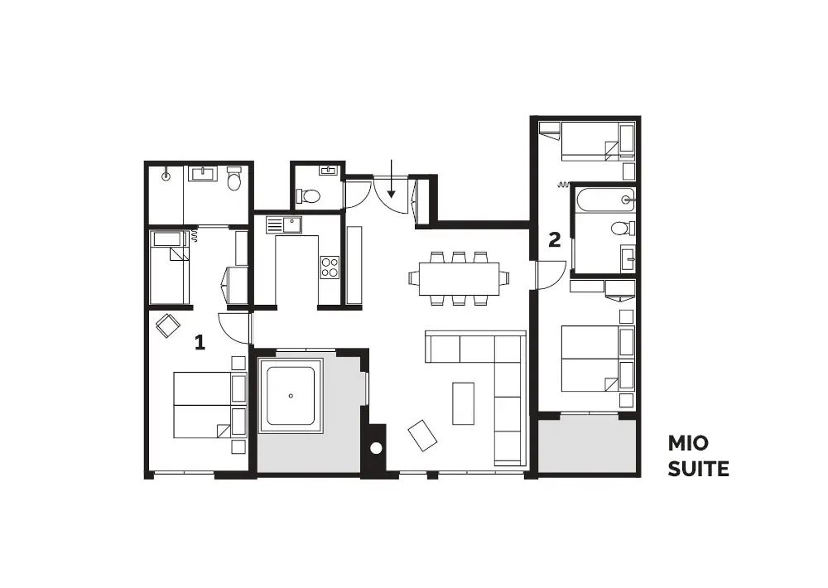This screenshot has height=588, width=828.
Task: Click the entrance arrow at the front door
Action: tap(391, 179)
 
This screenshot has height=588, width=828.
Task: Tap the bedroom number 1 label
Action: tap(200, 342)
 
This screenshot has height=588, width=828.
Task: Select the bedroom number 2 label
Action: tap(555, 240)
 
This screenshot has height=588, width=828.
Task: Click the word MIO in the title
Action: tap(687, 443)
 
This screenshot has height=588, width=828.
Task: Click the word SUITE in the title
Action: tap(698, 469)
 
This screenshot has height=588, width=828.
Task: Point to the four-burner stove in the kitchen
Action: tap(330, 267)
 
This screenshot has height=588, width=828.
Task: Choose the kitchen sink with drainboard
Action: tap(283, 225)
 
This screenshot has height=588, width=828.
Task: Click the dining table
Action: tap(459, 279)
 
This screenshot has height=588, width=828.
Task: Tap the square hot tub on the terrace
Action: tap(290, 396)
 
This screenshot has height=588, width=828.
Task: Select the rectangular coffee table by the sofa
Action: tap(463, 403)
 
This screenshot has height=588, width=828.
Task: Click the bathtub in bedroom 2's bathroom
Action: tap(605, 200)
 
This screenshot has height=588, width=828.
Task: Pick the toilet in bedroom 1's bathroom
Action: tap(233, 179)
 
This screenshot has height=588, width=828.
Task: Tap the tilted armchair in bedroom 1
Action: tap(168, 325)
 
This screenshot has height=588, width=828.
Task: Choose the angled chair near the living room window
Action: tap(422, 436)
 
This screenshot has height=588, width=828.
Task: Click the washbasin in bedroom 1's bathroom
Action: tap(204, 173)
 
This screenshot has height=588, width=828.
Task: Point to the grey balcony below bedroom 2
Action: tap(587, 445)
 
